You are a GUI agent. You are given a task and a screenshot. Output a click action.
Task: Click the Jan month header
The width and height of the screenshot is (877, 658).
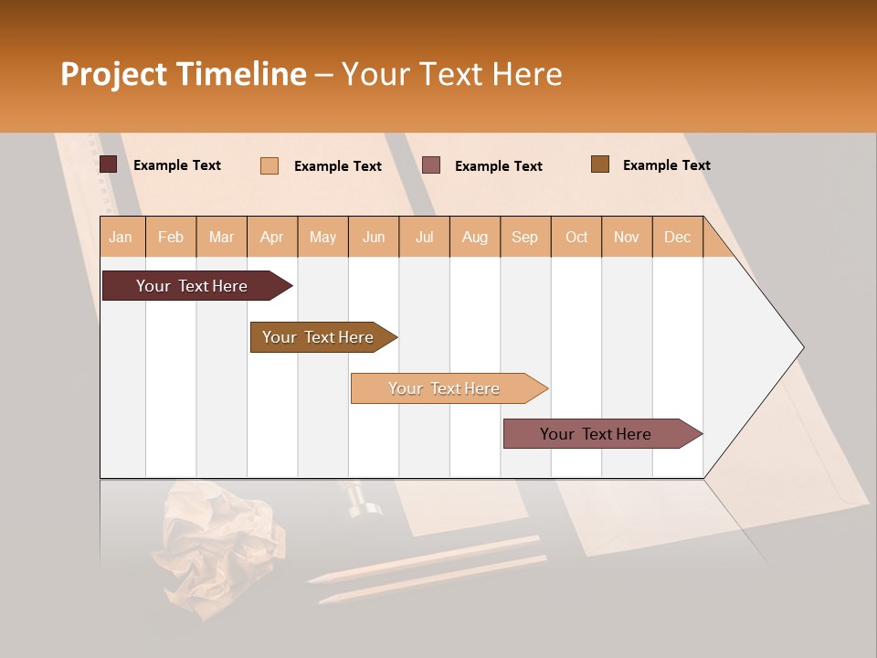121,237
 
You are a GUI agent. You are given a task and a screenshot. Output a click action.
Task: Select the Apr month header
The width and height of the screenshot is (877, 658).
271,237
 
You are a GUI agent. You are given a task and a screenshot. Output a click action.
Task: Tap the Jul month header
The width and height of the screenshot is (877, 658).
424,237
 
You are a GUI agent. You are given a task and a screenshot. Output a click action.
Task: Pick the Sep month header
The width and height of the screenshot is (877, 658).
524,237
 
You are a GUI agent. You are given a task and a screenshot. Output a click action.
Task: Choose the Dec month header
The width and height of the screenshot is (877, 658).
677,237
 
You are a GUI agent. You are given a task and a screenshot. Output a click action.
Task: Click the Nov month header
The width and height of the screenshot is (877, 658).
626,237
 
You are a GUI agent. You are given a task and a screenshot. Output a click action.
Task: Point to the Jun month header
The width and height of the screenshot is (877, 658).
373,237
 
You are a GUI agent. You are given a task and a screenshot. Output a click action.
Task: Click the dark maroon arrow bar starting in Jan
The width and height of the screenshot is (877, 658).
192,286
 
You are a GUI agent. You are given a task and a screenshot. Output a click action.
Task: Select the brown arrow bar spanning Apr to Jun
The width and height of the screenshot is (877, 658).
318,337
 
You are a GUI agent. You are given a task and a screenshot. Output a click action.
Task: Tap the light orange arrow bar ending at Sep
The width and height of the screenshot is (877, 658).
444,388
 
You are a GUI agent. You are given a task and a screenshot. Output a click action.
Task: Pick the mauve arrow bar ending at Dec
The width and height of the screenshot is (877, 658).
596,434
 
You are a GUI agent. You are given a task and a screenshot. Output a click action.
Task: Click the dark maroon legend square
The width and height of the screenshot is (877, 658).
109,164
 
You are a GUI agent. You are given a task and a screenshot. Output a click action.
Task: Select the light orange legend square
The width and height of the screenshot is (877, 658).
269,165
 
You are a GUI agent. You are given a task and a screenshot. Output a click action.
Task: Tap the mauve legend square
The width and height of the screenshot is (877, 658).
431,165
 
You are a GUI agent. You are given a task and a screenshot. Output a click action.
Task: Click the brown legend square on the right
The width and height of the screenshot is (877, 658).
600,164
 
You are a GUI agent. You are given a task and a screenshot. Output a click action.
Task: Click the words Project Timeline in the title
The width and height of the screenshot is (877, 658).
183,74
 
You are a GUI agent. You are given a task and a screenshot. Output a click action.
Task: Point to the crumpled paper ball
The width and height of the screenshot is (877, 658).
219,548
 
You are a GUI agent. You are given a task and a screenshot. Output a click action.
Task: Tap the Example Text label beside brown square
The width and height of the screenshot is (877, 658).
666,165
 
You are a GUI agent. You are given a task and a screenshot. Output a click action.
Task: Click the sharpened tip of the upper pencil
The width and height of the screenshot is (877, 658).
311,579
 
